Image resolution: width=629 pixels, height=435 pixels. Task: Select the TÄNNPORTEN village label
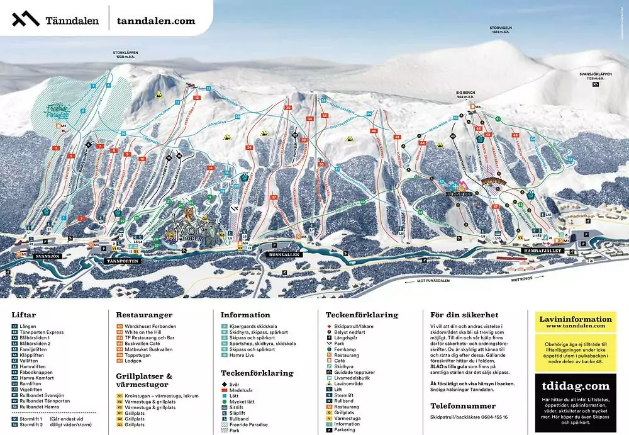pos(121,260)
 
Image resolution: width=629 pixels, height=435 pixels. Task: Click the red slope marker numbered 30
pos(288,108)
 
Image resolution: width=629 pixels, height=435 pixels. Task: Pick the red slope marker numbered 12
pos(197,98)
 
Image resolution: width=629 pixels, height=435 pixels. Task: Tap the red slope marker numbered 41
pos(397,137)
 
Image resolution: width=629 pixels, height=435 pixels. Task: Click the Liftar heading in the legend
pos(24,315)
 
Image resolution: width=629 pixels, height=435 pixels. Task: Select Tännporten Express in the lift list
pos(42,332)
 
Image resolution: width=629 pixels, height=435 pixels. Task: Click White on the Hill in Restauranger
pos(147,332)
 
